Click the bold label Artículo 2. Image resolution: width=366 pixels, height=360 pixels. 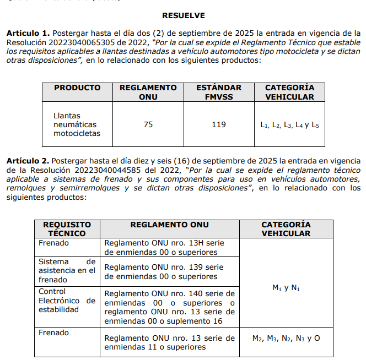[28, 161]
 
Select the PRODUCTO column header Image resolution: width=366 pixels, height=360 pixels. [77, 88]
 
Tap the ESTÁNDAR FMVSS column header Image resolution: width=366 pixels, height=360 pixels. [219, 92]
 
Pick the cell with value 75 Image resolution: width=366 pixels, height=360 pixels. [148, 124]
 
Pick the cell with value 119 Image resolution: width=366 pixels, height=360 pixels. [219, 124]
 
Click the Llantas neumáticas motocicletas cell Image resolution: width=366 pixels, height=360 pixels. [77, 124]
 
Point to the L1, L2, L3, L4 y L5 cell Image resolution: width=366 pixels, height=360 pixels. [289, 125]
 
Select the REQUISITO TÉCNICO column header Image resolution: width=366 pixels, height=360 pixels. [67, 228]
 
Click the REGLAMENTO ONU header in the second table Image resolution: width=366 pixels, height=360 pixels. [169, 225]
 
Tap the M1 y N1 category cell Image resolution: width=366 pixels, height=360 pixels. [286, 288]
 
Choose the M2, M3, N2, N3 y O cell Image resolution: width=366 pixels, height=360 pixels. [286, 338]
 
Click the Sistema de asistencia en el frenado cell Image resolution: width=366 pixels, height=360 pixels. [67, 270]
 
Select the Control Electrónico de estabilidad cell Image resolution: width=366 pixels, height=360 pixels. [67, 300]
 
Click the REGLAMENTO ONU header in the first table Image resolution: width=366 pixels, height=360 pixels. [148, 92]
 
